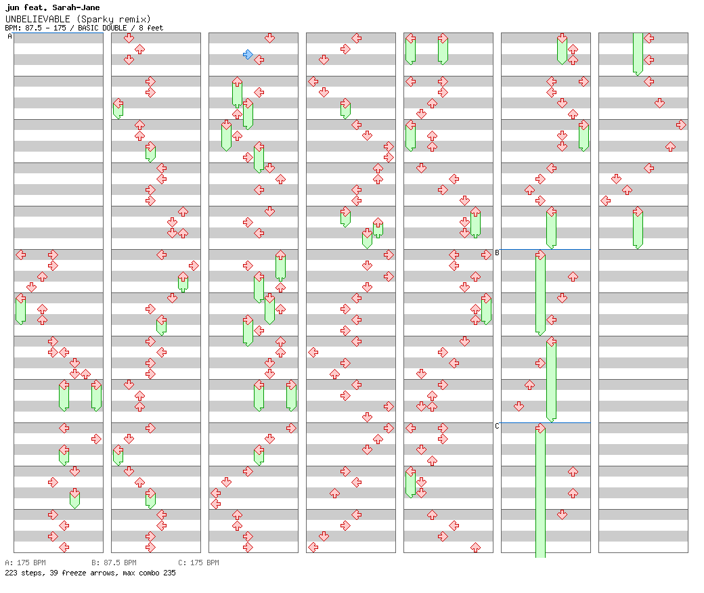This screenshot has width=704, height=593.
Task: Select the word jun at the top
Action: point(12,8)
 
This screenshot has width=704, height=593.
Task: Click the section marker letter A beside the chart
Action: point(9,37)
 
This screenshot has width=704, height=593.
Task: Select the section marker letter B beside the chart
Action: point(497,253)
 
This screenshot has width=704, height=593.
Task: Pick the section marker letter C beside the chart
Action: point(497,426)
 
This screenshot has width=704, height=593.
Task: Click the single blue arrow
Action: point(248,54)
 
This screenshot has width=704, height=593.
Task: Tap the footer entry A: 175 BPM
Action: point(26,563)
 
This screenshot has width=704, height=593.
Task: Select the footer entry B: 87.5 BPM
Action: point(114,563)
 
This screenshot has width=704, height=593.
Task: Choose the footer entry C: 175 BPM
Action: point(198,563)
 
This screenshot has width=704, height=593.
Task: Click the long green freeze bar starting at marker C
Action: point(540,494)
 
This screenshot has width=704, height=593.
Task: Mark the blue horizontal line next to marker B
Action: point(546,249)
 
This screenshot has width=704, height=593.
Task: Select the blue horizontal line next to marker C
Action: point(546,422)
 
